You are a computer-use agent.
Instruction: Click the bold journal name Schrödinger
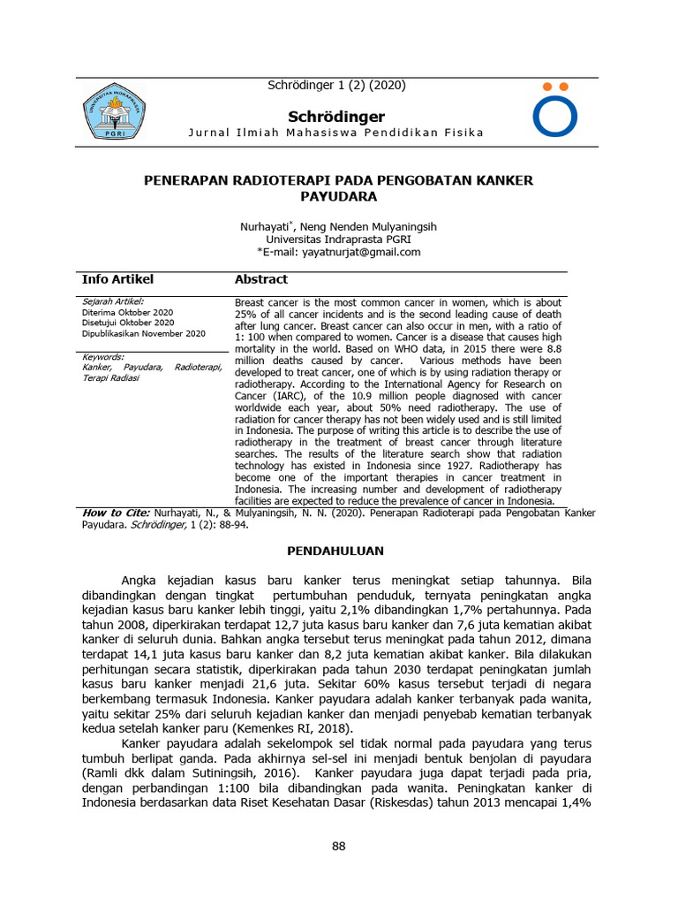[338, 117]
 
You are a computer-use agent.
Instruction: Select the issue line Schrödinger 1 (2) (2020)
[336, 86]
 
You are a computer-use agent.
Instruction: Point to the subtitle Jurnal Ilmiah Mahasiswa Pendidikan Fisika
[336, 133]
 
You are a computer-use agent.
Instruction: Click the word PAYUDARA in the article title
[338, 196]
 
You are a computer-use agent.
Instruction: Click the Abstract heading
[260, 279]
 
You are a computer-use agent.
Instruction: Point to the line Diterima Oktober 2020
[127, 313]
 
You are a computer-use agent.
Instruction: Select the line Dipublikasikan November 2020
[143, 333]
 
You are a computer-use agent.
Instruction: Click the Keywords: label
[102, 356]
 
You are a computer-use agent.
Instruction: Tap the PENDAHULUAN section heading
[336, 551]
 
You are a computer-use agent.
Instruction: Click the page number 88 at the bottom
[338, 846]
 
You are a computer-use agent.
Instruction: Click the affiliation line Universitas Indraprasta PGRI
[338, 240]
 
